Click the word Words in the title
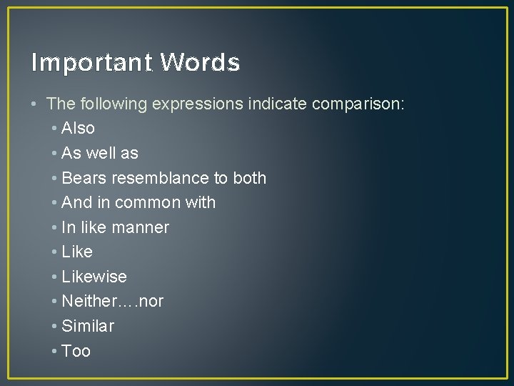(200, 63)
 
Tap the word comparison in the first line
(358, 104)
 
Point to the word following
(109, 104)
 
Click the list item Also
(78, 129)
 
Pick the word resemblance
(159, 178)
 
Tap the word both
(249, 178)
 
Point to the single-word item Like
(77, 252)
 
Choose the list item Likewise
(94, 277)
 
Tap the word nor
(151, 301)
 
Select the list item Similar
(88, 326)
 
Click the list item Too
(76, 351)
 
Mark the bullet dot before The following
(35, 104)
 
